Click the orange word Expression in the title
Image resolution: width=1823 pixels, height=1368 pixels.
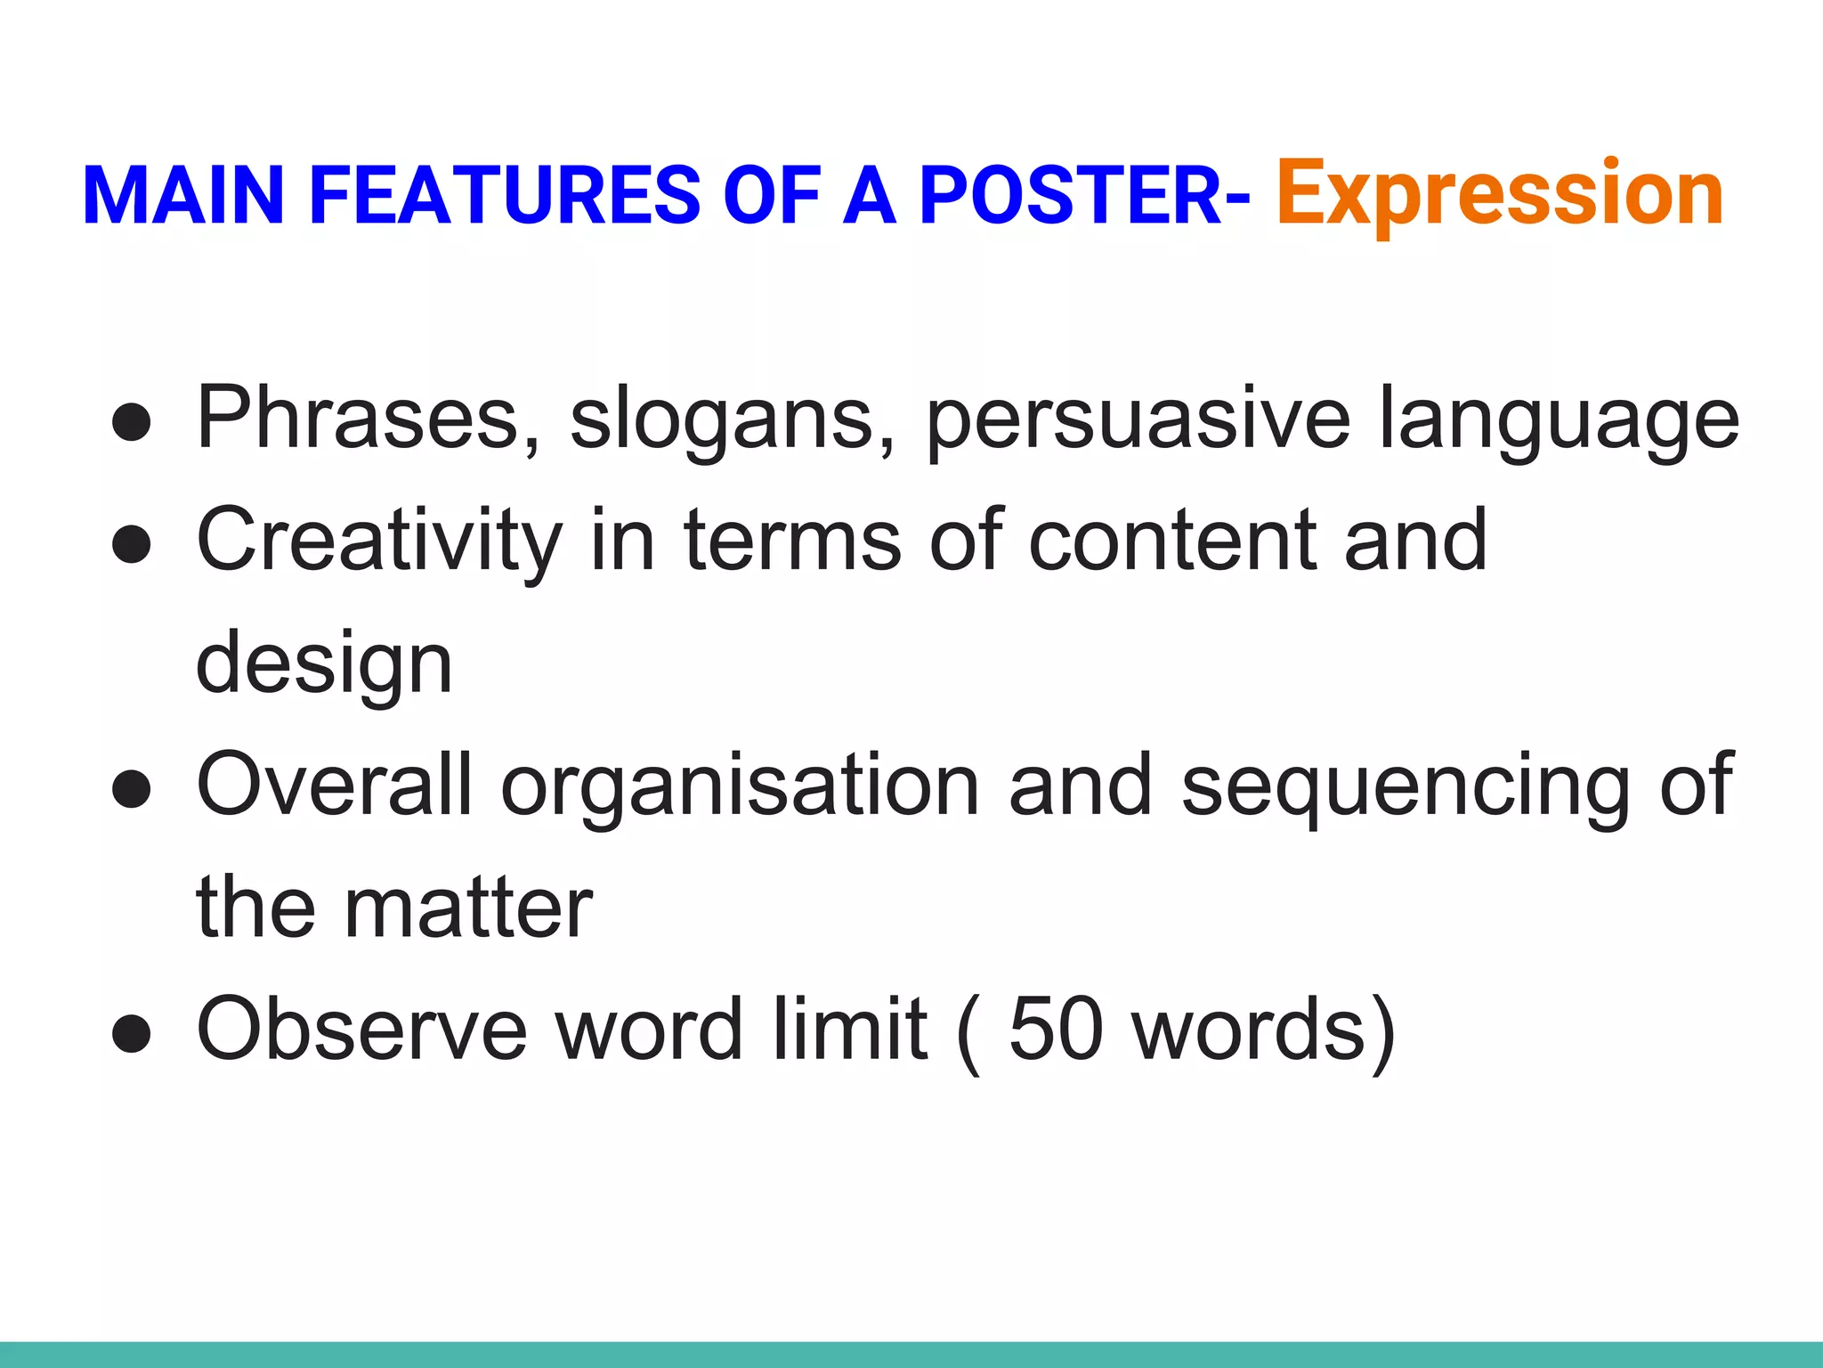point(1500,194)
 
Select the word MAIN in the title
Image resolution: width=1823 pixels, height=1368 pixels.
point(183,196)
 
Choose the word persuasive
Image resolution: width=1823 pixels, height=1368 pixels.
point(1138,419)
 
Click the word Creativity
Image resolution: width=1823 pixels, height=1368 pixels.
point(379,540)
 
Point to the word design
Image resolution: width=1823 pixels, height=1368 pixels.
point(324,664)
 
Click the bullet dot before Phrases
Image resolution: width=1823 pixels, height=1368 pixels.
point(132,421)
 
